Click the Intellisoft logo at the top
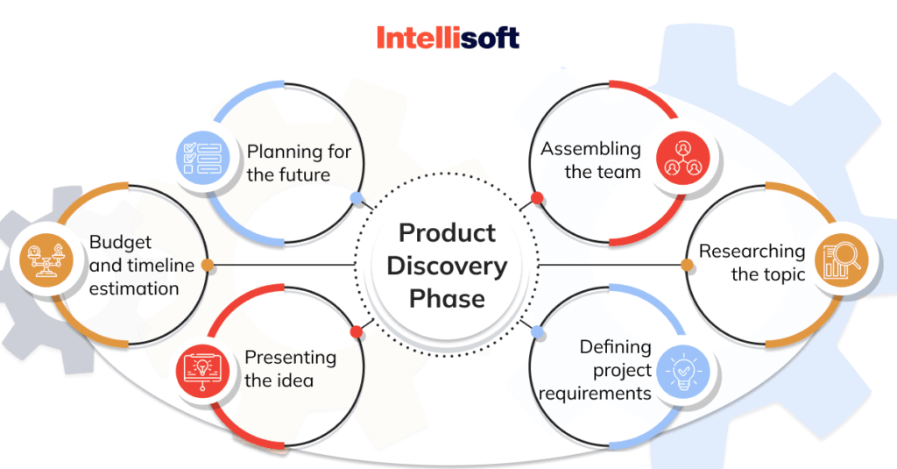coord(448,37)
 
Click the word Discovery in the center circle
coord(448,266)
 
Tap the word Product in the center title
coord(448,233)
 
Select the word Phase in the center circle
coord(448,298)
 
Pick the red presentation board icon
coord(201,369)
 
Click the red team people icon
coord(681,159)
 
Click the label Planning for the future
coord(298,163)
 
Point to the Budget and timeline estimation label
coord(134,265)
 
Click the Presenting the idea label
coord(290,369)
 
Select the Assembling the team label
coord(591,160)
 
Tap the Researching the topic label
coord(752,263)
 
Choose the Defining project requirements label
coord(596,370)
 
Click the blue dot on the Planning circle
coord(356,199)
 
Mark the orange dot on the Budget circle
coord(207,264)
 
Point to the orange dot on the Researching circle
coord(689,264)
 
